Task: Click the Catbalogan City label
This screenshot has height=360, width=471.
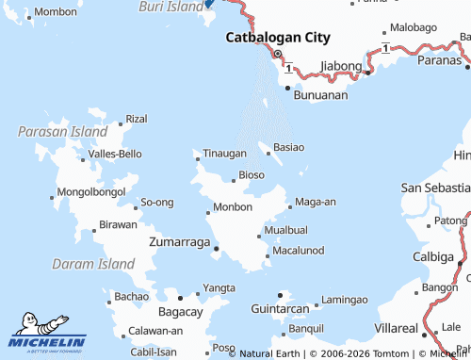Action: click(x=278, y=38)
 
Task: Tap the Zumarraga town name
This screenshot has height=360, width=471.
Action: click(x=180, y=242)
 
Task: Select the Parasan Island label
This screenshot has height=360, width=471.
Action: click(x=62, y=132)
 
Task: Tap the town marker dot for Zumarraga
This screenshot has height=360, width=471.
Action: click(x=217, y=249)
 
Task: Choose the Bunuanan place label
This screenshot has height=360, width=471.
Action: click(x=321, y=95)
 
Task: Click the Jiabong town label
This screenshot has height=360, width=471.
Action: click(x=341, y=65)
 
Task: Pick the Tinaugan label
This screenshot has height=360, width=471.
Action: click(x=225, y=153)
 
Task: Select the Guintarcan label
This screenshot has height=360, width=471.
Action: click(x=281, y=309)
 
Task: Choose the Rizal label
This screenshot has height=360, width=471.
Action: click(x=137, y=119)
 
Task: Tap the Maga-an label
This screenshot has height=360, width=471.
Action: click(x=316, y=202)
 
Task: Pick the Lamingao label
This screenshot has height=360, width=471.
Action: click(x=344, y=300)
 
